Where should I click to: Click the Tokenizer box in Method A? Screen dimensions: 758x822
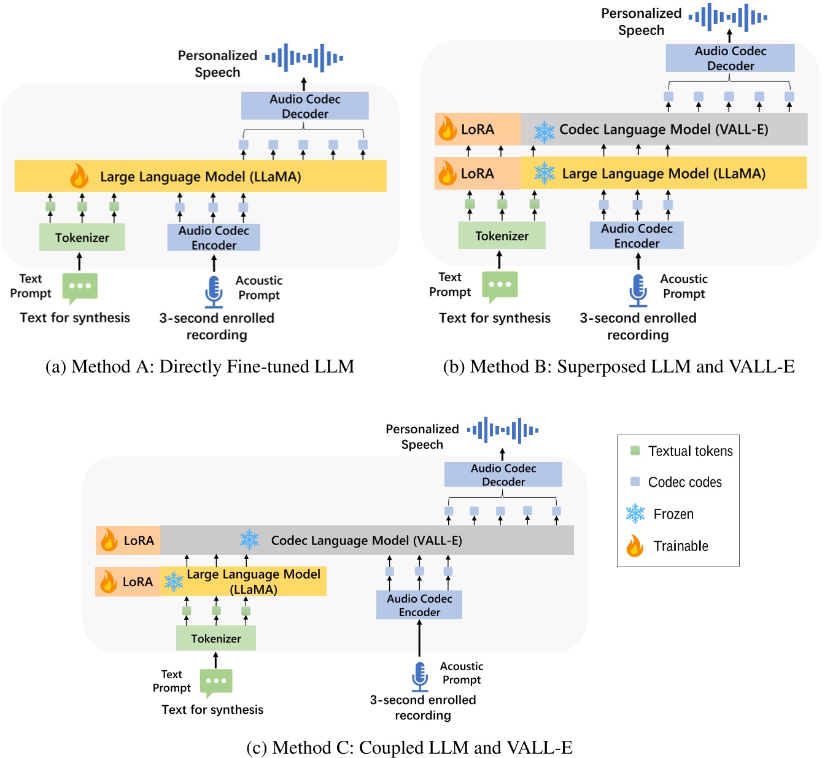pos(82,237)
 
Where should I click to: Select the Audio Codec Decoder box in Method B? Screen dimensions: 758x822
pos(730,58)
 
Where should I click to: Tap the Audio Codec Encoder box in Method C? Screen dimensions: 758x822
pos(419,605)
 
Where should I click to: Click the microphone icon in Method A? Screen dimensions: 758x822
pos(214,292)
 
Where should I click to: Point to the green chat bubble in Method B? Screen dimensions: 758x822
pos(500,286)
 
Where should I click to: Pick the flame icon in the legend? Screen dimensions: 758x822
pos(635,546)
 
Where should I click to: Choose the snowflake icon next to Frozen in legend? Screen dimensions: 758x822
pos(635,514)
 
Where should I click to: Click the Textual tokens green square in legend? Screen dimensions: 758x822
pos(635,451)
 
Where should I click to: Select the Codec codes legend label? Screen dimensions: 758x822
pos(684,482)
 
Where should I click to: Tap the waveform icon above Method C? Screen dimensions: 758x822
pos(503,430)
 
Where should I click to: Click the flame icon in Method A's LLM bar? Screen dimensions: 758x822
pos(79,176)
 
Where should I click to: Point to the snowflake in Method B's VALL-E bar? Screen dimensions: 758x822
pos(544,130)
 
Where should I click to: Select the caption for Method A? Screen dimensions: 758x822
pos(200,366)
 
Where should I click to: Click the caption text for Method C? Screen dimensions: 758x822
pos(409,748)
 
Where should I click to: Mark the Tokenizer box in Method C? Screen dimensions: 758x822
pos(216,638)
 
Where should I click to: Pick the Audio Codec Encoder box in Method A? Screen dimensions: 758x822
pos(214,238)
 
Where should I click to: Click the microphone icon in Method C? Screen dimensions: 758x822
pos(420,676)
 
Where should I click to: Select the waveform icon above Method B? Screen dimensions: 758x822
pos(728,17)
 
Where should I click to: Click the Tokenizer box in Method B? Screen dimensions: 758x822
pos(502,236)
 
